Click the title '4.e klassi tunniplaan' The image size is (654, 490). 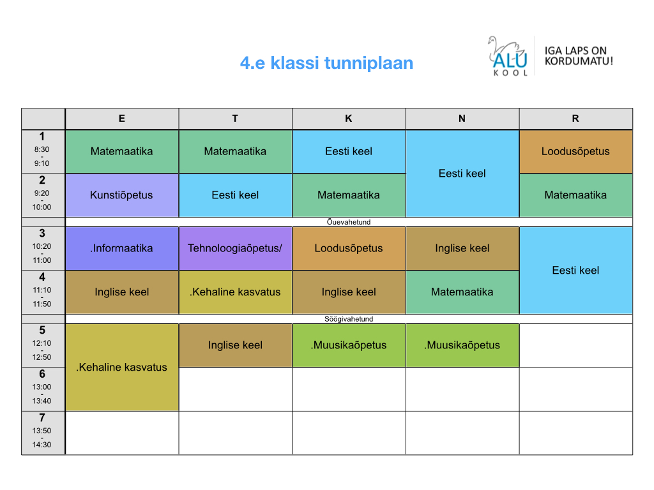pos(326,63)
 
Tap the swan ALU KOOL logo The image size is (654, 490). pos(508,56)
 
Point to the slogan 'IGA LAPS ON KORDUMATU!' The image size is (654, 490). pos(579,56)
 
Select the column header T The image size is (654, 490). pos(235,119)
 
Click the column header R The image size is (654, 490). pos(575,119)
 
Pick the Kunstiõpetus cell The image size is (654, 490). pos(122,195)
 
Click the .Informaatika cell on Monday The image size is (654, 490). pos(122,248)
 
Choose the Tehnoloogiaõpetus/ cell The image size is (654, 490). pos(235,248)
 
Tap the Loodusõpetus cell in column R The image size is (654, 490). pos(575,151)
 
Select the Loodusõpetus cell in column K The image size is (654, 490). pos(349,248)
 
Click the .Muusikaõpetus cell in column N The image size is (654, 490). pos(462,345)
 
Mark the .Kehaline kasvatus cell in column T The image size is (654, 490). pos(235,292)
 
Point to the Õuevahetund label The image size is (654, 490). pos(349,222)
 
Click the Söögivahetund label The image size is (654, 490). pos(349,319)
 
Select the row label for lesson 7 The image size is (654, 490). pos(43,433)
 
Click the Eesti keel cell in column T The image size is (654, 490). pos(235,195)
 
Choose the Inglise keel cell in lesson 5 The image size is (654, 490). pos(235,345)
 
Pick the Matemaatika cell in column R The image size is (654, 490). pos(575,195)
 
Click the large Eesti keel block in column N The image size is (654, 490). pos(462,174)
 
